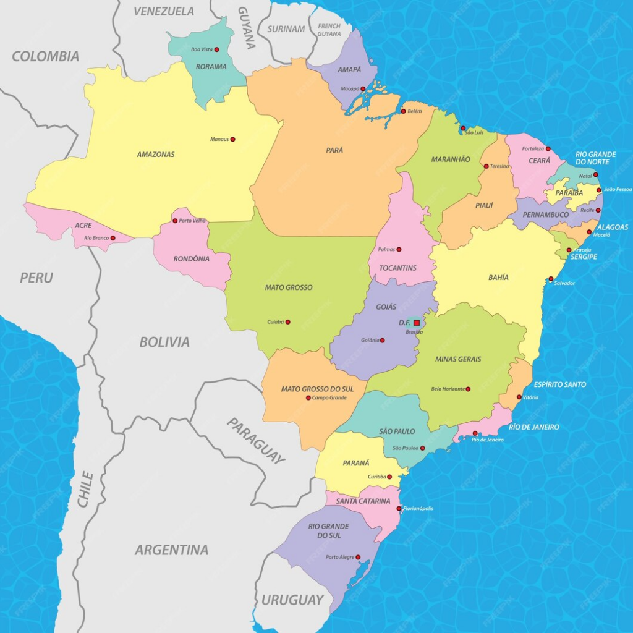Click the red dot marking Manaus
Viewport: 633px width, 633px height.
[x=232, y=140]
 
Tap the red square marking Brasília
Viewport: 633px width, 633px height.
[x=417, y=323]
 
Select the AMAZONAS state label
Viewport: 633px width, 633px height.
[x=156, y=155]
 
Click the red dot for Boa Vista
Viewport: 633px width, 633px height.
[x=216, y=49]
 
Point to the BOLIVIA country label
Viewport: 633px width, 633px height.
[x=164, y=342]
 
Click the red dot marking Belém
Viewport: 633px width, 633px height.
[x=403, y=111]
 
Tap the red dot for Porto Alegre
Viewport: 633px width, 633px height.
[x=359, y=557]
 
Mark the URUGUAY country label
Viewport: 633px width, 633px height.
[x=292, y=600]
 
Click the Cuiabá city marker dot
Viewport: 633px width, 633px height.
[x=287, y=322]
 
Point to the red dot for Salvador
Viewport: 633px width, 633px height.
[x=551, y=279]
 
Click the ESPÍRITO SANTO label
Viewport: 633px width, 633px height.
[x=560, y=384]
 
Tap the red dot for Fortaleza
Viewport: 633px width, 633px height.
[x=548, y=148]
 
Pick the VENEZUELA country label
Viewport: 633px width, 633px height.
[x=164, y=11]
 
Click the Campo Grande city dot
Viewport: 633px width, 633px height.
[x=308, y=398]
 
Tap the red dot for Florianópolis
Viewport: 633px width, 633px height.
[x=399, y=509]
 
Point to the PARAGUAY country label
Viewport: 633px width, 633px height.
[x=256, y=440]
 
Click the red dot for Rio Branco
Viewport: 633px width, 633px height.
[x=113, y=238]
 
